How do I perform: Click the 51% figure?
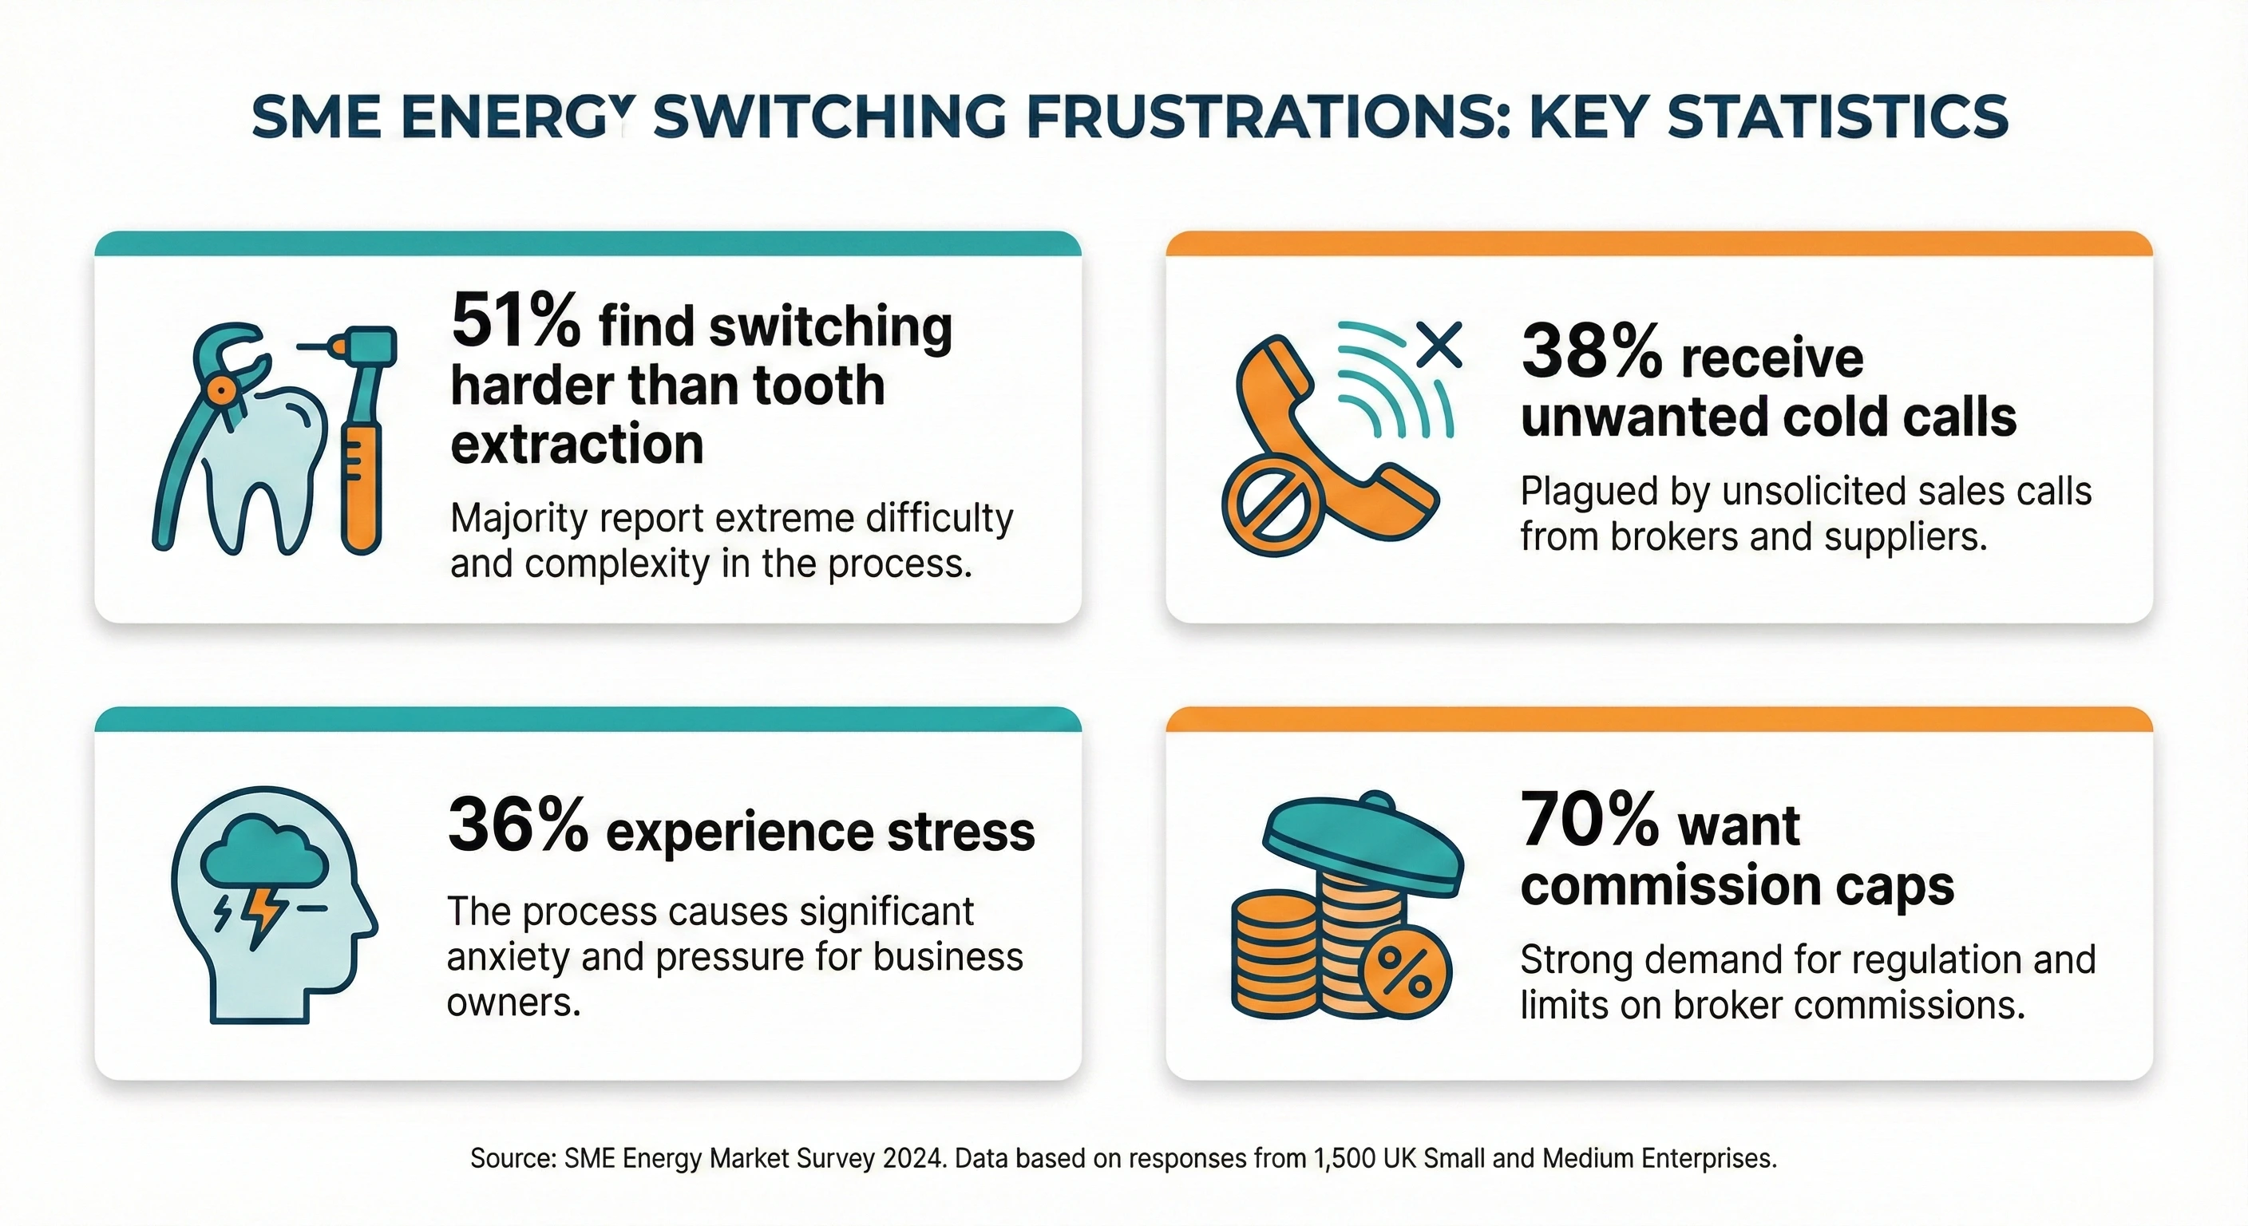point(515,322)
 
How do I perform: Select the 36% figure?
point(517,825)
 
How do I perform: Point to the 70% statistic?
point(1589,821)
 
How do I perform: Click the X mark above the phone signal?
point(1439,344)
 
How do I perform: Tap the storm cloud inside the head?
point(263,850)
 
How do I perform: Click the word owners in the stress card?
point(513,1003)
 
